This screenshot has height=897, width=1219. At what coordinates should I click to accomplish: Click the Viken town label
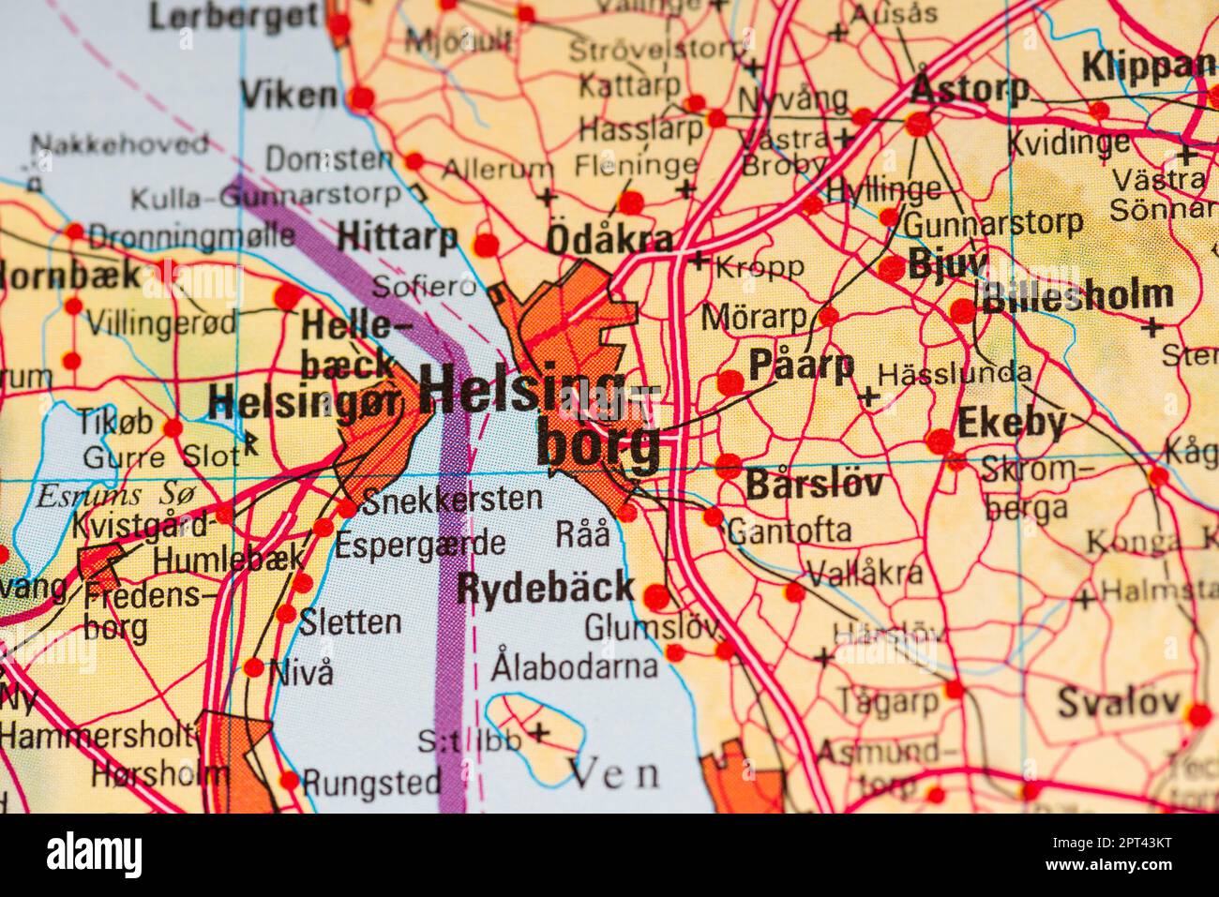click(288, 95)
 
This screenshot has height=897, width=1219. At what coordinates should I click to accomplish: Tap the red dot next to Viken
click(361, 97)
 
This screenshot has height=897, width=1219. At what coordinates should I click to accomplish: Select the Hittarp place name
click(397, 238)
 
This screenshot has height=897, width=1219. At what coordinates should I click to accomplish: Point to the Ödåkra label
click(609, 240)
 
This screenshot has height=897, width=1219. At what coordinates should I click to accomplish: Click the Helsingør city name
click(306, 403)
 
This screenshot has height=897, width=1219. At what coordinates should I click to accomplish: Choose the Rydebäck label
click(545, 589)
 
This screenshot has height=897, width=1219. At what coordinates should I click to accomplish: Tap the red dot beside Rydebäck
click(656, 596)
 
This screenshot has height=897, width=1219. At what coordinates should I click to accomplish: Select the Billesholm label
click(1076, 295)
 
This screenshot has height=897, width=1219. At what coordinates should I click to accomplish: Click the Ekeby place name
click(1011, 423)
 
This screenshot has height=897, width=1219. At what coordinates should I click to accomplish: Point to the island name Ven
click(614, 773)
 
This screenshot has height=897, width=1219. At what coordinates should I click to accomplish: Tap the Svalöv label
click(1118, 701)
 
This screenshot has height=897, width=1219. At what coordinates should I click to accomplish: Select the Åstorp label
click(970, 90)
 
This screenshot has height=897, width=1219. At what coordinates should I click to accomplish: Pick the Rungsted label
click(372, 781)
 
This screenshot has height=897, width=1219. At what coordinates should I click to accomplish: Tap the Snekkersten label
click(451, 500)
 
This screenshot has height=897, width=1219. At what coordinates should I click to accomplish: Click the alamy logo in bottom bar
click(95, 854)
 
